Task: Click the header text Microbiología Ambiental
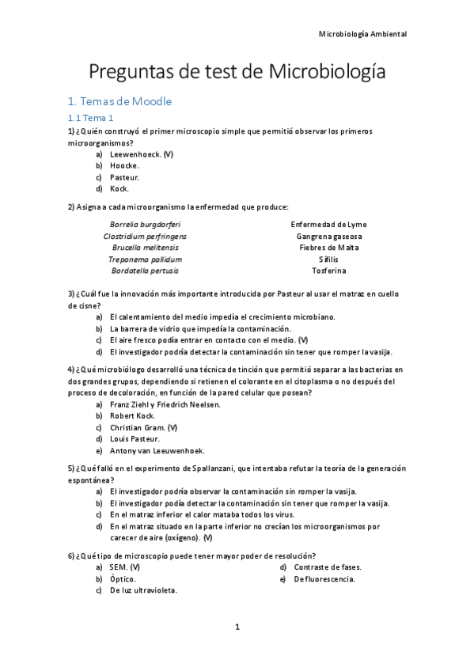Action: pos(362,34)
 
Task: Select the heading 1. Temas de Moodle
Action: pos(119,101)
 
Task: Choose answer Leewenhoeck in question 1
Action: pos(141,154)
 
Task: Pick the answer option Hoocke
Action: pos(124,166)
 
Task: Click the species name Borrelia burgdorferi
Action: pos(145,224)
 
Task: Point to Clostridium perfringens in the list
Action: pos(145,236)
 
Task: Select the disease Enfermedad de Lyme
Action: pos(328,224)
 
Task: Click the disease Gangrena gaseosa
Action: pos(328,236)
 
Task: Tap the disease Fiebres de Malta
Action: pos(328,248)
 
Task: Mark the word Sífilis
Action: pos(328,259)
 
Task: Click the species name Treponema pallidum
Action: pos(145,259)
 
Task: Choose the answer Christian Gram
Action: pos(142,427)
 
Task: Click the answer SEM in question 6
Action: pos(124,567)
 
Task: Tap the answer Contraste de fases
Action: pos(327,567)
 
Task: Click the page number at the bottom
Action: pos(237,627)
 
